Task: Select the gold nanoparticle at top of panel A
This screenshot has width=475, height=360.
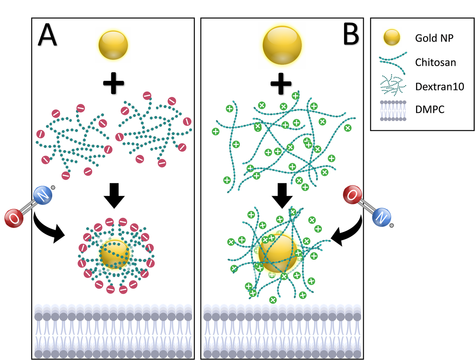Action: pyautogui.click(x=113, y=46)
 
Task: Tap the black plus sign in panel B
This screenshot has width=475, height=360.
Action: pyautogui.click(x=282, y=83)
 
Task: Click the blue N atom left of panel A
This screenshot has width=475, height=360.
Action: pyautogui.click(x=42, y=196)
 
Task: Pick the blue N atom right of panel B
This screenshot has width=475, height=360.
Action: pyautogui.click(x=381, y=217)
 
